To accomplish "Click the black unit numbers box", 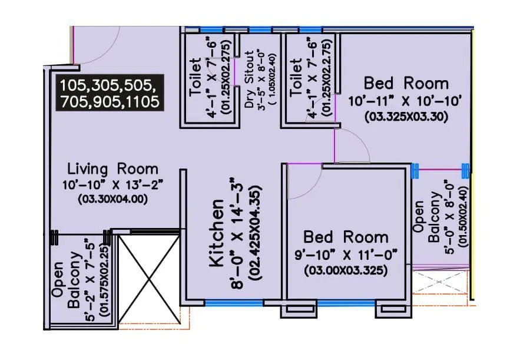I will (110, 93).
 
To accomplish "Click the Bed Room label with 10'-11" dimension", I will (406, 83).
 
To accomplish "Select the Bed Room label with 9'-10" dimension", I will (346, 237).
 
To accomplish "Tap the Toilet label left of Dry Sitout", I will (196, 77).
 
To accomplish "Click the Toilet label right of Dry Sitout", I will (297, 77).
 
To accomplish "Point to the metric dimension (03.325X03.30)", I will (406, 117).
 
